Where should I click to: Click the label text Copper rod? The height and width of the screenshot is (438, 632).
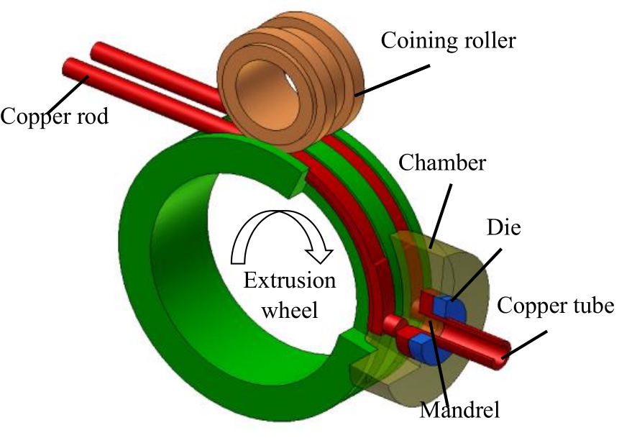point(55,115)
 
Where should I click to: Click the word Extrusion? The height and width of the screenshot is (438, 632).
point(289,280)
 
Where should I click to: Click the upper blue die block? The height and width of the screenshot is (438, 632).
point(452,307)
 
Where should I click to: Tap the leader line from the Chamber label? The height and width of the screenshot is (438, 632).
point(441,210)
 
